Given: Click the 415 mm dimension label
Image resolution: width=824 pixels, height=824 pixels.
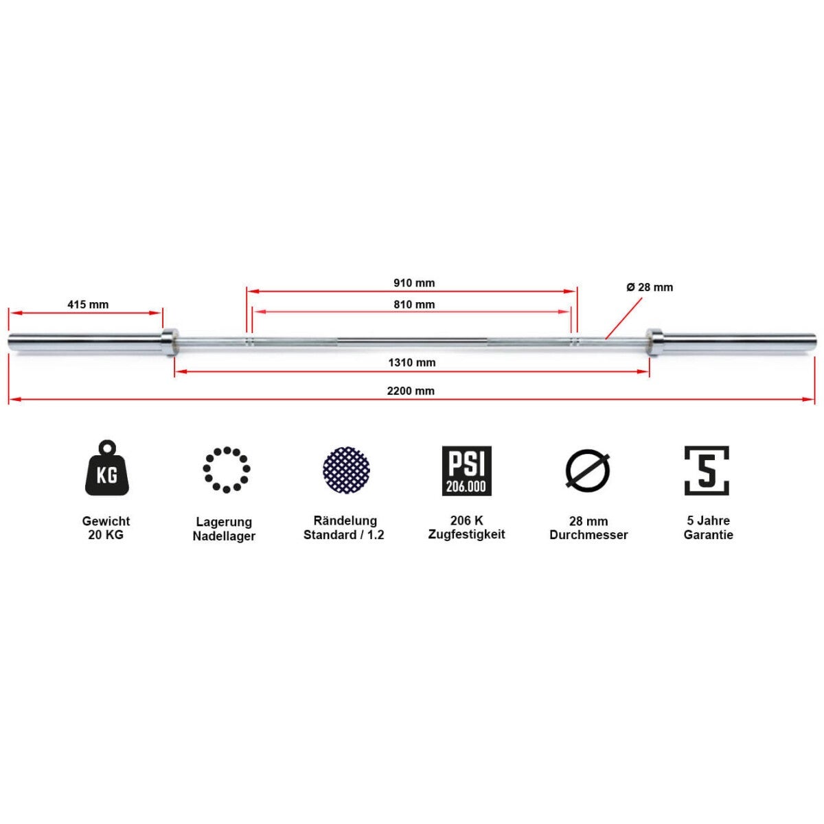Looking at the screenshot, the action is click(88, 304).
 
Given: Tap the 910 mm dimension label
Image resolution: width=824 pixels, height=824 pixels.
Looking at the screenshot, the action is click(414, 283).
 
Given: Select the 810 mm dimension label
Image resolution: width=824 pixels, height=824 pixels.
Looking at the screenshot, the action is click(414, 304).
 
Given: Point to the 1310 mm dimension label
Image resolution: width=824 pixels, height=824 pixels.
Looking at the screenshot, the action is click(411, 363).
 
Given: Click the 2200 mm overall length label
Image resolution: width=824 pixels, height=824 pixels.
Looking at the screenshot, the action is click(411, 391).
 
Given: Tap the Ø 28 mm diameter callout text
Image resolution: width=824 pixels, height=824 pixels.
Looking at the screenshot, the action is click(650, 287).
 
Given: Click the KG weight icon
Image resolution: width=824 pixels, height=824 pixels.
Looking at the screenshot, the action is click(107, 469).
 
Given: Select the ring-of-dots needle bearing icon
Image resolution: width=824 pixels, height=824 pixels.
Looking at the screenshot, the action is click(226, 470).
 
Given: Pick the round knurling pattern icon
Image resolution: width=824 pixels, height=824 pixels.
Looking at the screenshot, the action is click(346, 470).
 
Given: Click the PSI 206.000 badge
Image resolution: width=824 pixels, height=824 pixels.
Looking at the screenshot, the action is click(466, 471).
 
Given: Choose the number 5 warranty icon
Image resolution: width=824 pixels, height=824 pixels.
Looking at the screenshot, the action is click(707, 470).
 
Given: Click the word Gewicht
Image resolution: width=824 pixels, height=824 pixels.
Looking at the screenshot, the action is click(106, 521).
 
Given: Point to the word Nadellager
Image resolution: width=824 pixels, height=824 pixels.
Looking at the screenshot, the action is click(224, 536).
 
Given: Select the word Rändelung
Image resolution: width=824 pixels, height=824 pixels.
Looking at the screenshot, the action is click(345, 520).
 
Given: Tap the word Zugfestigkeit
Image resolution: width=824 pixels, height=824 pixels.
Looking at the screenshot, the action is click(466, 534).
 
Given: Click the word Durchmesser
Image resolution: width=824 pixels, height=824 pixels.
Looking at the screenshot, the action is click(588, 535).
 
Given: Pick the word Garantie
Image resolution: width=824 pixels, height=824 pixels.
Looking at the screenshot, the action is click(708, 535).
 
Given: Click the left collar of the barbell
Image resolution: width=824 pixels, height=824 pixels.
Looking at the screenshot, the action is click(170, 342).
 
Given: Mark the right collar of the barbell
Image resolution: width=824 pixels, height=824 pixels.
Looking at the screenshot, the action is click(654, 342).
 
